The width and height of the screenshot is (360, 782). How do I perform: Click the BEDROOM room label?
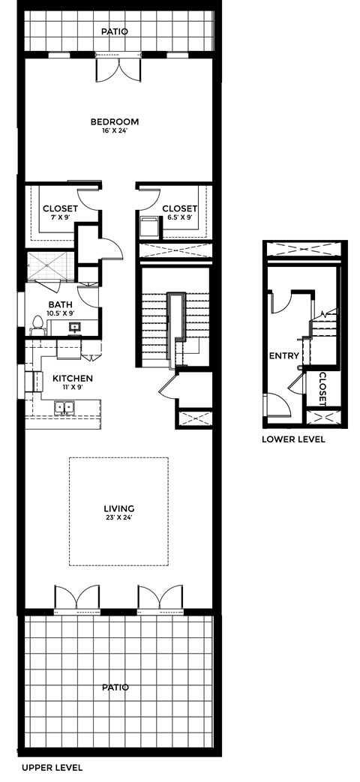point(115,121)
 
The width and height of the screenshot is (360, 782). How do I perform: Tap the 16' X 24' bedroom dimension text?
point(115,131)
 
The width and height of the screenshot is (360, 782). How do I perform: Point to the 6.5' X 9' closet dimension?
point(180,217)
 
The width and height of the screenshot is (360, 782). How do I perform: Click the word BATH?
point(60,304)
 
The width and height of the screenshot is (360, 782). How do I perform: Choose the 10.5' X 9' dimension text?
point(61,313)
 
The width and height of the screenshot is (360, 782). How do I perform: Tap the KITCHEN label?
point(73,379)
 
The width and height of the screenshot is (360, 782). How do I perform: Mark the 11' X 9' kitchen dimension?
point(73,388)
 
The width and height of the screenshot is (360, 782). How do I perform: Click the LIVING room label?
point(119,509)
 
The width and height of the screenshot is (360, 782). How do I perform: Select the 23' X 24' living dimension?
point(119,518)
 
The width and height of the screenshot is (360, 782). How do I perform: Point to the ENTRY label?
point(284,356)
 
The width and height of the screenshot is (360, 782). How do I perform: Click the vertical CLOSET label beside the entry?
point(322,388)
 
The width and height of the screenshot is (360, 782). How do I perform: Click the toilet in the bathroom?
point(36,324)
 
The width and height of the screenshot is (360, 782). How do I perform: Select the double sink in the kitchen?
point(64,407)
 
